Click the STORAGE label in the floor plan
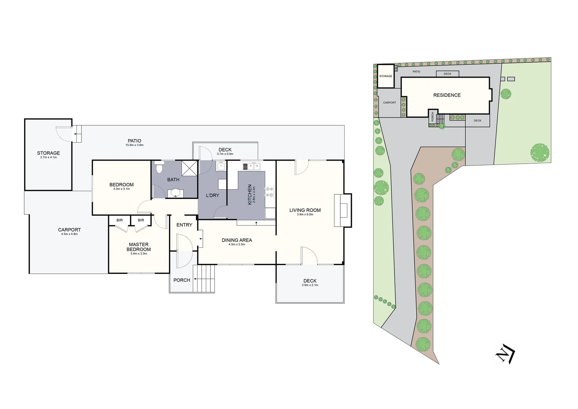pyautogui.click(x=48, y=153)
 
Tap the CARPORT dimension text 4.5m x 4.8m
pyautogui.click(x=69, y=234)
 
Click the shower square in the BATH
pyautogui.click(x=189, y=168)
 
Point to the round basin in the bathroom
pyautogui.click(x=175, y=193)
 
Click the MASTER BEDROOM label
pyautogui.click(x=138, y=247)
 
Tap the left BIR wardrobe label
pyautogui.click(x=120, y=220)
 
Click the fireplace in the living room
pyautogui.click(x=343, y=210)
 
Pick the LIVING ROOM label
pyautogui.click(x=305, y=210)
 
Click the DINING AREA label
pyautogui.click(x=237, y=240)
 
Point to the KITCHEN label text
pyautogui.click(x=250, y=195)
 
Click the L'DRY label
pyautogui.click(x=212, y=195)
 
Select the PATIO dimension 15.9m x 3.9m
pyautogui.click(x=134, y=145)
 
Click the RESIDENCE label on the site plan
pyautogui.click(x=447, y=95)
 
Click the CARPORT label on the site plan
pyautogui.click(x=389, y=103)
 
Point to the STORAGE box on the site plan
pyautogui.click(x=386, y=76)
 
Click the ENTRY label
pyautogui.click(x=184, y=225)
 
